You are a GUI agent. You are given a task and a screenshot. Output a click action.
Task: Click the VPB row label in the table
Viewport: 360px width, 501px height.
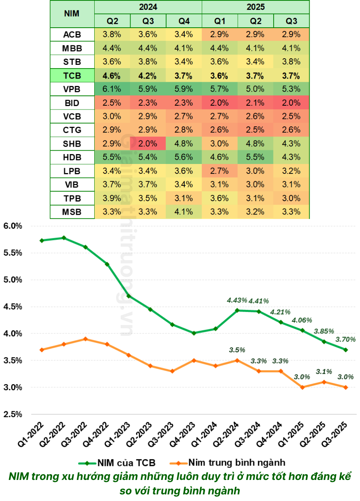(x=72, y=89)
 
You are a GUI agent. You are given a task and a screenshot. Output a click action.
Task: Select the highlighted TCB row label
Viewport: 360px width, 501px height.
(x=72, y=76)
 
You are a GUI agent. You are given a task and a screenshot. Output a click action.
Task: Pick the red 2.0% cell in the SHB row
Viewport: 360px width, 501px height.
(x=148, y=144)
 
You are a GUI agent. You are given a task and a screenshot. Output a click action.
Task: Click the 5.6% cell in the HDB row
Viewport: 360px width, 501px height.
(x=184, y=157)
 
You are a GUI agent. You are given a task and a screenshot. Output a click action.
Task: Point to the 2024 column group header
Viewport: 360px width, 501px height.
(x=148, y=7)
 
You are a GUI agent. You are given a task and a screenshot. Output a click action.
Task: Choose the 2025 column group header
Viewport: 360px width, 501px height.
(x=255, y=7)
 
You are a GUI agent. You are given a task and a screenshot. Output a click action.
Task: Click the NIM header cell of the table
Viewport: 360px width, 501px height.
(x=72, y=13)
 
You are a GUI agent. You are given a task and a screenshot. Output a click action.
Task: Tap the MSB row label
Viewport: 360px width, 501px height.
(x=72, y=212)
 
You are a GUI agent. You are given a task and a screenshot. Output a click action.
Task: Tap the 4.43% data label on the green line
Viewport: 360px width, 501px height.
(x=237, y=300)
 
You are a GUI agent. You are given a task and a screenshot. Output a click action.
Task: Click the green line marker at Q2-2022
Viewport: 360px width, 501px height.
(x=64, y=238)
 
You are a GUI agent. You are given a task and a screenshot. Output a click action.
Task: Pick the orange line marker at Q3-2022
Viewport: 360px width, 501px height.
(x=86, y=339)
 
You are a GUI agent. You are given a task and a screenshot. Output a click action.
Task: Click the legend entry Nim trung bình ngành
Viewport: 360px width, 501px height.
(x=231, y=462)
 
